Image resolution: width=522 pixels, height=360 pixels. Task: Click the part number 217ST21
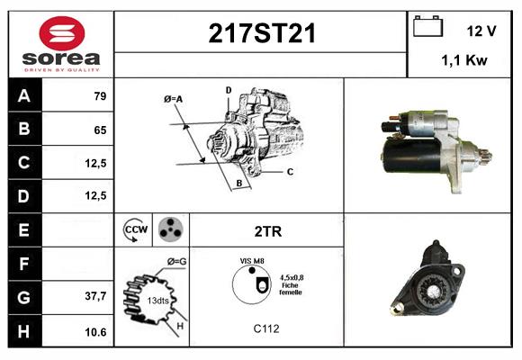(x=262, y=33)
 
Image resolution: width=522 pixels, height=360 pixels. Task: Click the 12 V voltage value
(x=481, y=31)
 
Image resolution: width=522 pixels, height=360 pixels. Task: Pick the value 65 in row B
(x=100, y=130)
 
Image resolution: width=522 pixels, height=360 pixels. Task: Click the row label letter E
(x=23, y=230)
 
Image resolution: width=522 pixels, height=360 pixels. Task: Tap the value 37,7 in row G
(x=95, y=296)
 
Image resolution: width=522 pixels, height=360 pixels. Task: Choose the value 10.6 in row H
(x=95, y=332)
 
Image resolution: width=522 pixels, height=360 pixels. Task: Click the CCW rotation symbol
(x=136, y=230)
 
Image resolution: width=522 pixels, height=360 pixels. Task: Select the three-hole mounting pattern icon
(x=169, y=230)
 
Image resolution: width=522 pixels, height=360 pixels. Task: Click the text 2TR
(x=267, y=231)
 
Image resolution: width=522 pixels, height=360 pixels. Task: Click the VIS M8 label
(x=251, y=261)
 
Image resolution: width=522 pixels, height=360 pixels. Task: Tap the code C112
(x=265, y=328)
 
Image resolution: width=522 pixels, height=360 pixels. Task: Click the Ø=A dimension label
(x=174, y=98)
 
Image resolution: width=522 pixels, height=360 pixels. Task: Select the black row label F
(x=23, y=264)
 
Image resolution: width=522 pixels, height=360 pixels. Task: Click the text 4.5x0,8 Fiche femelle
(x=291, y=284)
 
